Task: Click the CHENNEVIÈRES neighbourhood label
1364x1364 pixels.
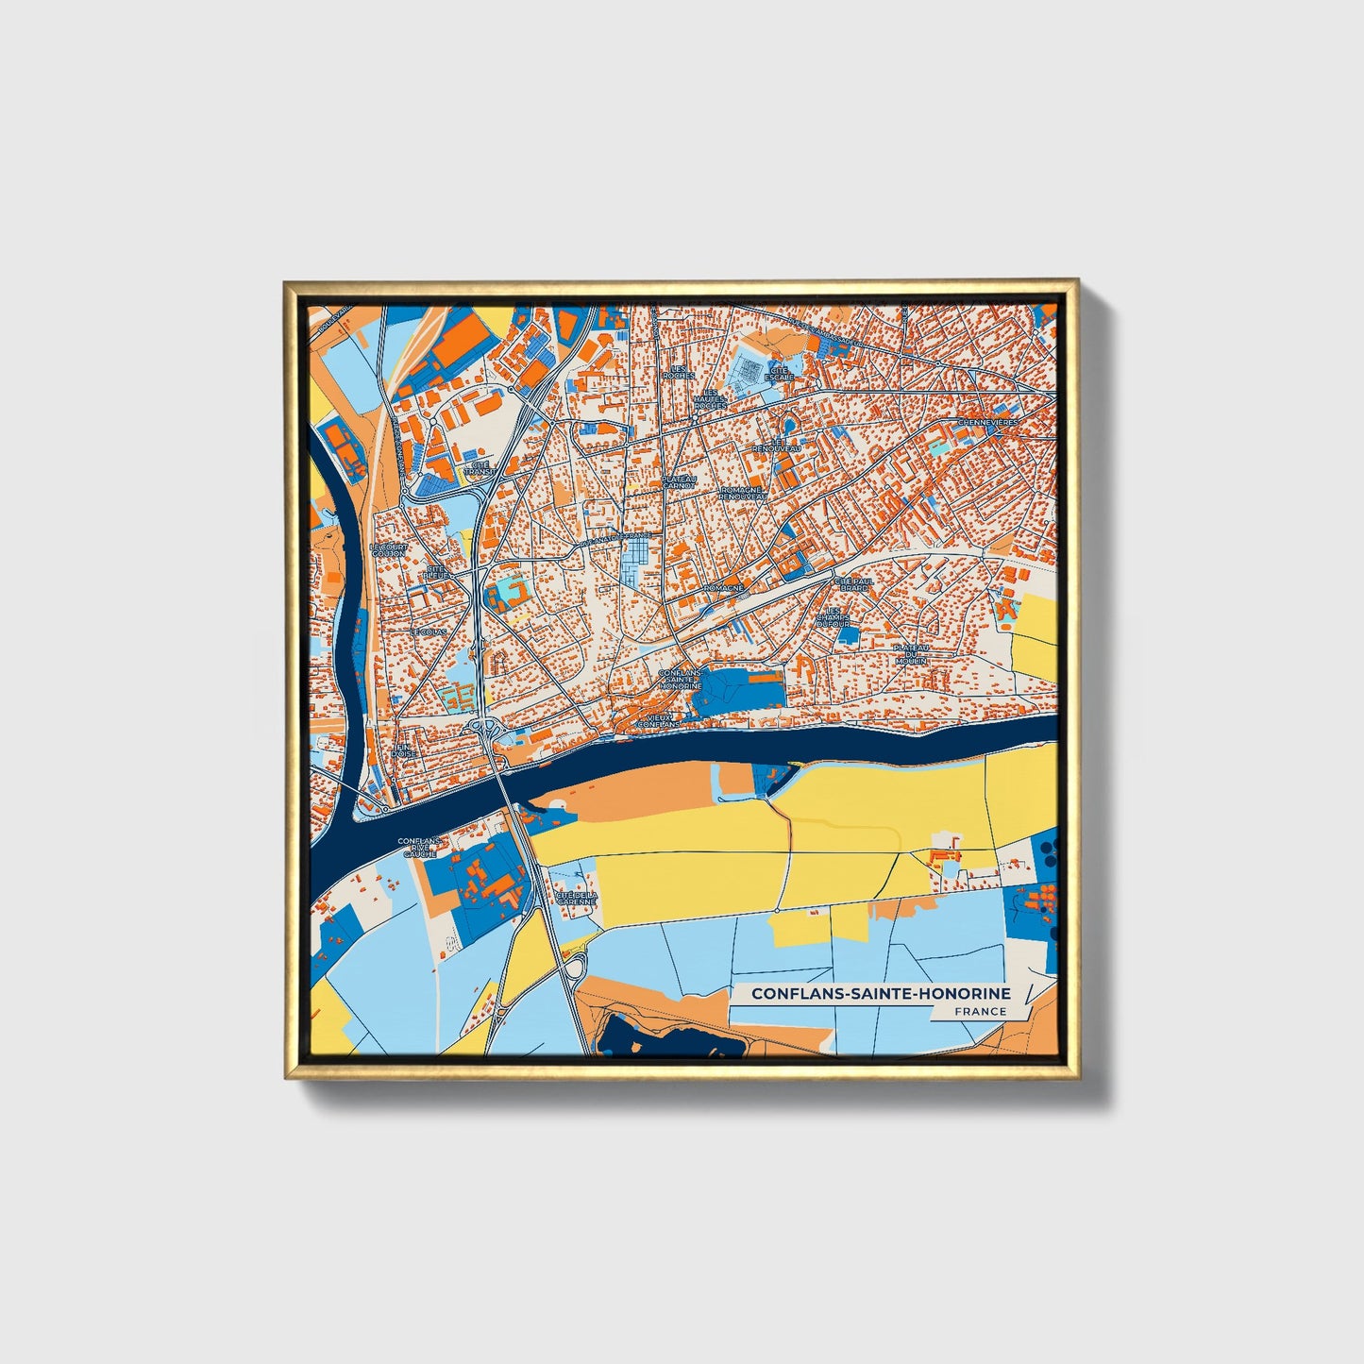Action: [x=988, y=423]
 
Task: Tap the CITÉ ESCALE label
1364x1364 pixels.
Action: [x=781, y=373]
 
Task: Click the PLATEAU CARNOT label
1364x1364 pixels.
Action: [x=678, y=482]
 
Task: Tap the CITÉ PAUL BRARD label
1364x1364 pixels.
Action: [x=854, y=584]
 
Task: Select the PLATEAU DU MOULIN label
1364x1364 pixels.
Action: [x=912, y=654]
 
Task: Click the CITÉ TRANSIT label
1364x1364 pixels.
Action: [x=480, y=467]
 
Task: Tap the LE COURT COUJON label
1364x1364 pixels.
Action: [x=387, y=549]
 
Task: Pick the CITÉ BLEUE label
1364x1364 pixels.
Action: [x=438, y=572]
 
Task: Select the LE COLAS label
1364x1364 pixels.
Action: [x=428, y=631]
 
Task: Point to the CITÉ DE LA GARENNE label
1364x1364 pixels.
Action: [x=576, y=898]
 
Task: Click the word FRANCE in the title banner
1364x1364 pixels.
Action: [x=980, y=1011]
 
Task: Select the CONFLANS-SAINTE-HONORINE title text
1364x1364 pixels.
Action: [x=881, y=993]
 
